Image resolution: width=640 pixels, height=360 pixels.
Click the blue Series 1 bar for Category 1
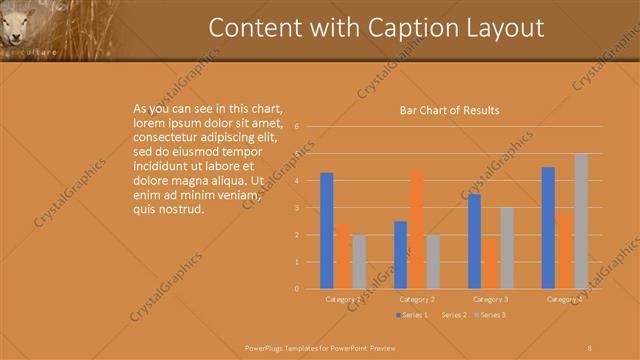[x=326, y=231]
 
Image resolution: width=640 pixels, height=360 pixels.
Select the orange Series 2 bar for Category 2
[x=417, y=229]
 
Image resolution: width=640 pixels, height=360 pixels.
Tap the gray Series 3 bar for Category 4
[x=581, y=221]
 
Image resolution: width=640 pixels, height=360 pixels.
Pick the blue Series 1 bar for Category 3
[x=474, y=241]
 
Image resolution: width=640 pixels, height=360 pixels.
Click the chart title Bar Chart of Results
[x=449, y=110]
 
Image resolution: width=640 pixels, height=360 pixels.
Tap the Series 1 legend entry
[x=411, y=315]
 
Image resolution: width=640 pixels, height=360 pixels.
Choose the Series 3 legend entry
[x=489, y=315]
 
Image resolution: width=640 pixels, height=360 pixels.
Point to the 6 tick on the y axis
[x=297, y=127]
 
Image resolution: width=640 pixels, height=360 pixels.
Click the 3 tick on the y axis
[x=297, y=208]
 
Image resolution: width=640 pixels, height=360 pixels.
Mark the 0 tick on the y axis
[x=297, y=289]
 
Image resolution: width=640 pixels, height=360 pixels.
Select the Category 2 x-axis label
[x=417, y=299]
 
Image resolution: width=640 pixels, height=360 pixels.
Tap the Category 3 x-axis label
[x=491, y=299]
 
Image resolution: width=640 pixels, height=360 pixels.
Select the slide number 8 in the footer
[x=589, y=347]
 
